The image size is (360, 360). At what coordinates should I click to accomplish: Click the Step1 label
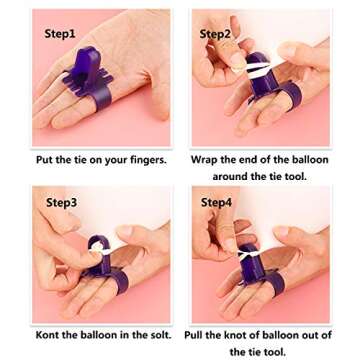[x=60, y=34]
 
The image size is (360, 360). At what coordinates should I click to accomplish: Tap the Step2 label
[x=215, y=34]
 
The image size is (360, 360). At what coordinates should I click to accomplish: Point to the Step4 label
[x=217, y=203]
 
